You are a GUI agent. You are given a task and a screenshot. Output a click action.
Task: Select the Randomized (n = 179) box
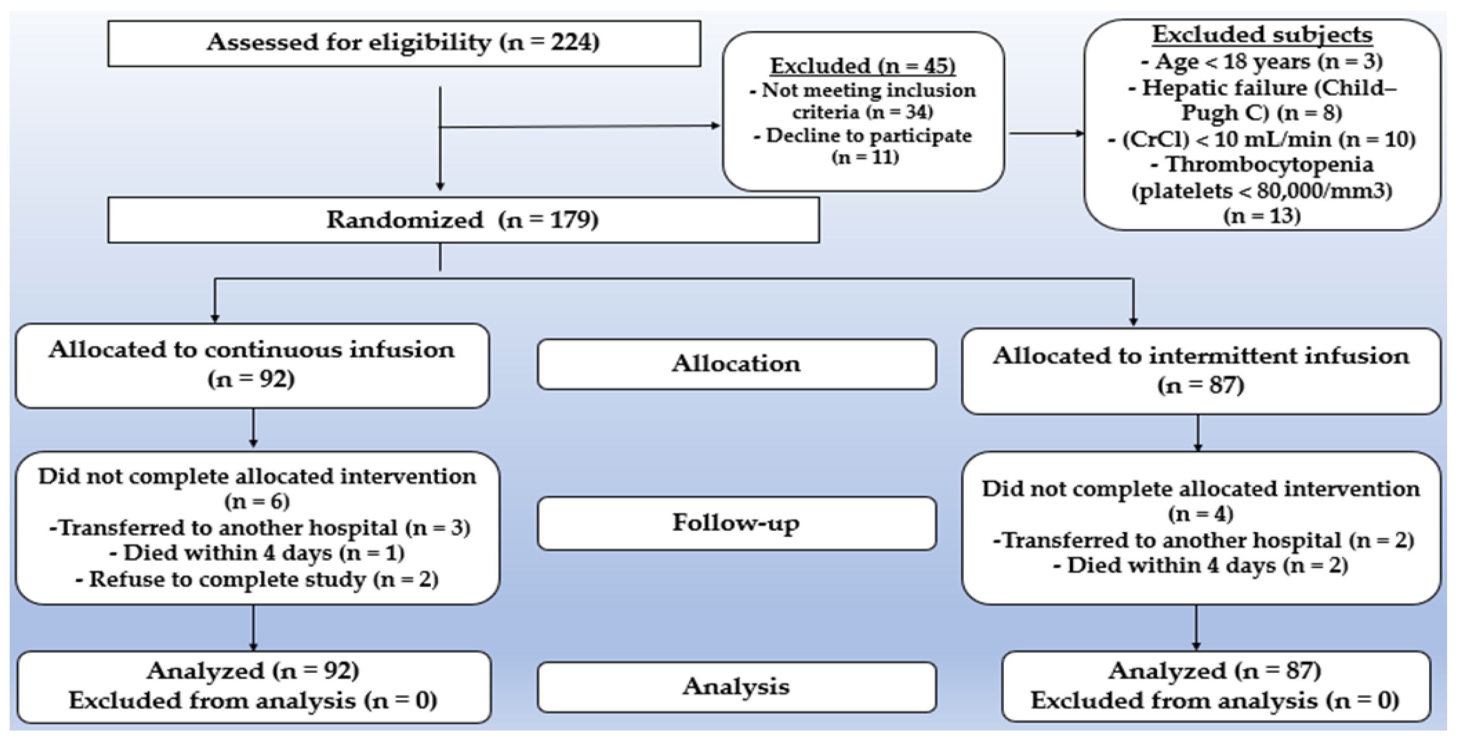coord(463,220)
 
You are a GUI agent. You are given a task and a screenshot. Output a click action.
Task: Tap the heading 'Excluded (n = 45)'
coord(863,66)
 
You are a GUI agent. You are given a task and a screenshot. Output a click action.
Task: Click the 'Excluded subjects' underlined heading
coord(1262,34)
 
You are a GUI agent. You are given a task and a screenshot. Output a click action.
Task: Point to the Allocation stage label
coord(736,364)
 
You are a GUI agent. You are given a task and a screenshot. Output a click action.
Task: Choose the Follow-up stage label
coord(736,523)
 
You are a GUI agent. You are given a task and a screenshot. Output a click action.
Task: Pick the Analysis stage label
coord(736,686)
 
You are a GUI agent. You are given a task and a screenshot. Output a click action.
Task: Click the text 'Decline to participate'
coord(868,136)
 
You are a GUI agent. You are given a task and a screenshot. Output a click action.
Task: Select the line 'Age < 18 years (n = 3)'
coord(1262,62)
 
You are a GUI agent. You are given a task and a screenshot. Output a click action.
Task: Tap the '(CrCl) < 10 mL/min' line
coord(1262,139)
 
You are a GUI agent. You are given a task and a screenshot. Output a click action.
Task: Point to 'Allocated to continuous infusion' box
coord(252,365)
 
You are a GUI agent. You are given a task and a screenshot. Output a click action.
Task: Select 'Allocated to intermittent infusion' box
coord(1200,371)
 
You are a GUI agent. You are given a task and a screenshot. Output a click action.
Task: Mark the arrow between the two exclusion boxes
coord(1045,134)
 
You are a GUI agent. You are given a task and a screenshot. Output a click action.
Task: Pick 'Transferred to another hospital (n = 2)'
coord(1203,540)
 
